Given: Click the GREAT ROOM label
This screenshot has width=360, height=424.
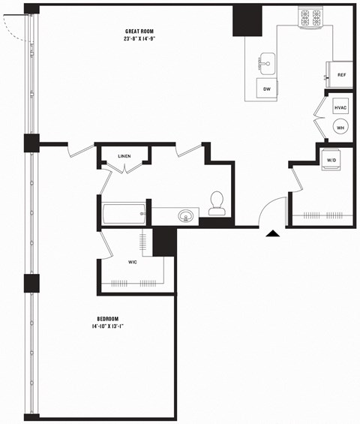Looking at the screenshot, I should pyautogui.click(x=140, y=31).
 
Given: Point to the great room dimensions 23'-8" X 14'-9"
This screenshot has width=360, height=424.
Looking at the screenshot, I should pyautogui.click(x=140, y=40).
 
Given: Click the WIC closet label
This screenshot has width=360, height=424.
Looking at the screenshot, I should pyautogui.click(x=132, y=263).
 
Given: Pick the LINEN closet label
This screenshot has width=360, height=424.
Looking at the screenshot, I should pyautogui.click(x=124, y=156).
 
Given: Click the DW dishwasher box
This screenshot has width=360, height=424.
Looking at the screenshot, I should pyautogui.click(x=266, y=89).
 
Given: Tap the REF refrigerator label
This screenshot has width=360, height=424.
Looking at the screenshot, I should pyautogui.click(x=341, y=75).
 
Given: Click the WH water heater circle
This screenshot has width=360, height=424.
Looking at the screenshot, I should pyautogui.click(x=340, y=128).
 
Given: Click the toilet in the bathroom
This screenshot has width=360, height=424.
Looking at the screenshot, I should pyautogui.click(x=217, y=200).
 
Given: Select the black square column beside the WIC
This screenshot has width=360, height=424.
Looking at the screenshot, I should pyautogui.click(x=163, y=242).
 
